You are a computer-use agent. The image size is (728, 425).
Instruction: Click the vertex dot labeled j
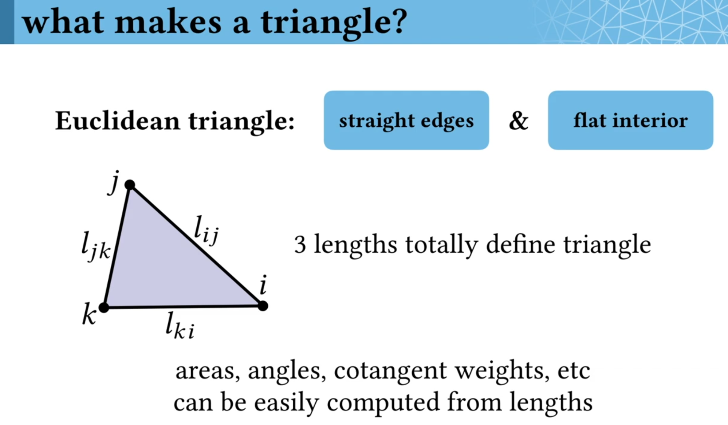(x=130, y=185)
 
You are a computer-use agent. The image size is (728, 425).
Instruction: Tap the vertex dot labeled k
(x=104, y=308)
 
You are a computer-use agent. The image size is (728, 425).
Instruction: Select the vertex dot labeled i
(x=263, y=306)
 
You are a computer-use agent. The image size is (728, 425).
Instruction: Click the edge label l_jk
(x=95, y=247)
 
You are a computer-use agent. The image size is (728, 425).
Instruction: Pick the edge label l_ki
(x=180, y=326)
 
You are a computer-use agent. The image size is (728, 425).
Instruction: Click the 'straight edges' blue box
(x=406, y=120)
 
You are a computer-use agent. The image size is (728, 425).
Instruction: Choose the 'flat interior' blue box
(x=630, y=120)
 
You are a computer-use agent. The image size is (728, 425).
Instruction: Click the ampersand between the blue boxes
(x=518, y=120)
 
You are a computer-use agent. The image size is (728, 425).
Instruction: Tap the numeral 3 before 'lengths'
(x=300, y=244)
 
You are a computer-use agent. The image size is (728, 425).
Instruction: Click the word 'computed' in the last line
(x=383, y=403)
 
